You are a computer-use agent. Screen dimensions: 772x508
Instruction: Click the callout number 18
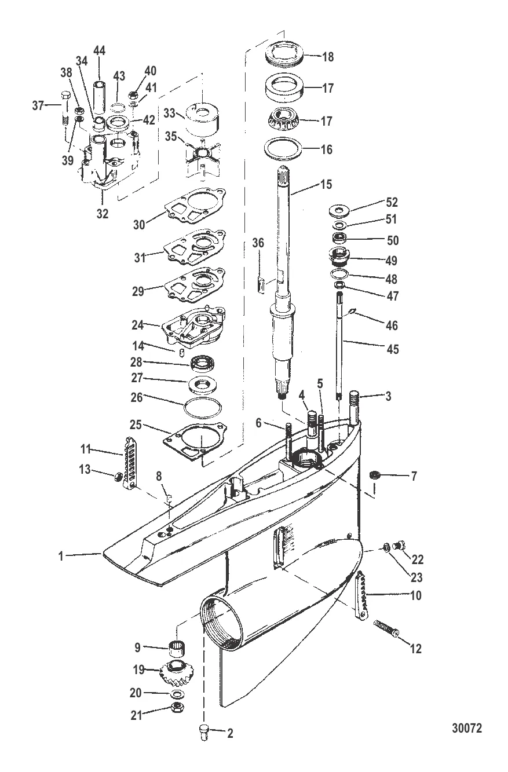(x=327, y=57)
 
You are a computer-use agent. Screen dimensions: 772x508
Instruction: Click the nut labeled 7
(x=375, y=475)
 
